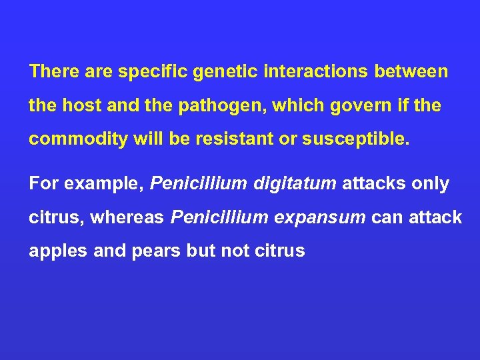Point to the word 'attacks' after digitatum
point(371,184)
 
